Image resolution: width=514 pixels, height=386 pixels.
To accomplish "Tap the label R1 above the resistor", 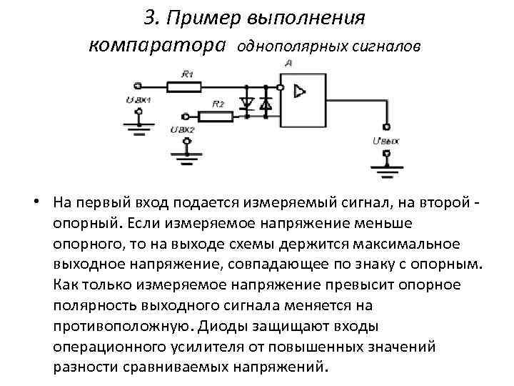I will click(x=187, y=74).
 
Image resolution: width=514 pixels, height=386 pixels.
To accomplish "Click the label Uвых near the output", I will click(x=385, y=141).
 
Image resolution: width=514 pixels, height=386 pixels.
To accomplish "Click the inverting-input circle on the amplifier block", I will click(x=281, y=88).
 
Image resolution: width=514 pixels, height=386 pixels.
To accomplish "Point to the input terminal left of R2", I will click(x=187, y=115).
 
